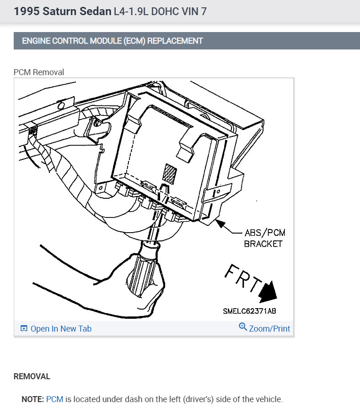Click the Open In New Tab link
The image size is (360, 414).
coord(56,328)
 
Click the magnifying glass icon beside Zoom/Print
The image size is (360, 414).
coord(242,327)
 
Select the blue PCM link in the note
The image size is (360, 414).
coord(54,399)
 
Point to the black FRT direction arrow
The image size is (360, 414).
coord(268,292)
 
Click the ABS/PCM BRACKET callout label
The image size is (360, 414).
coord(264,238)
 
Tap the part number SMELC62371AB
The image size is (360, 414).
coord(249,311)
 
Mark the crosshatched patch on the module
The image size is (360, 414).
coord(169,174)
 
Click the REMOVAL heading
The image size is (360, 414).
coord(32,376)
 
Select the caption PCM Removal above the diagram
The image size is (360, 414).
coord(39,72)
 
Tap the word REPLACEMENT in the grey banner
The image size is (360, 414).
coord(175,41)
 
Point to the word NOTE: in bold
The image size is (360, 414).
coord(32,399)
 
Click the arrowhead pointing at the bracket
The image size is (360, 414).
coord(220,223)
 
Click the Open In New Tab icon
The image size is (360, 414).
coord(24,328)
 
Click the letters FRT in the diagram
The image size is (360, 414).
coord(243,278)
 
